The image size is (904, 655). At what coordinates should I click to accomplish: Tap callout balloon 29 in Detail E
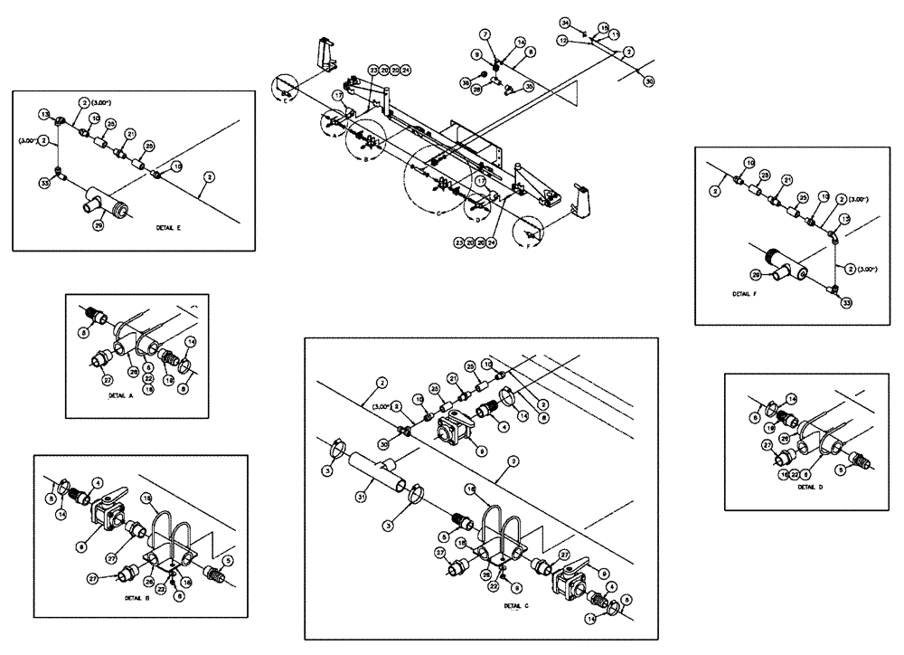99,224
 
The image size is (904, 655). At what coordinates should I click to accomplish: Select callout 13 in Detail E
43,116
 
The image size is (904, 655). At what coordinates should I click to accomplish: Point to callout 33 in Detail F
846,303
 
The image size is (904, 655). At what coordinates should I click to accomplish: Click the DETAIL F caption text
749,294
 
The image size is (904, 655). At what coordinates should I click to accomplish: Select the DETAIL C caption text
516,605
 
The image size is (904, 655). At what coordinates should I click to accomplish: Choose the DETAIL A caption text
121,396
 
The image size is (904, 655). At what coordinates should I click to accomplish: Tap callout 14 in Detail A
189,341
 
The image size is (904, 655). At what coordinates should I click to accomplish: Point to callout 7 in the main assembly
485,33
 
